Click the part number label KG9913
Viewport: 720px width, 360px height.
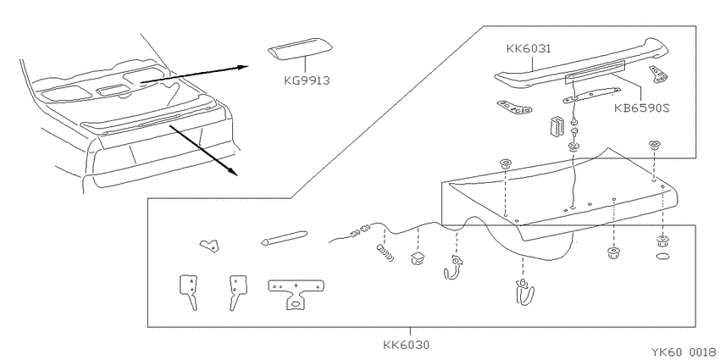coord(307,80)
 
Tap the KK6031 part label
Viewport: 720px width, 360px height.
coord(529,48)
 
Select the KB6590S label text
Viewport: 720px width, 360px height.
coord(642,108)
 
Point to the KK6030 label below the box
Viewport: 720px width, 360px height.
coord(407,345)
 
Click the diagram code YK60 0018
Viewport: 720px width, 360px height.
coord(684,352)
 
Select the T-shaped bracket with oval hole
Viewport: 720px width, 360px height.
coord(296,293)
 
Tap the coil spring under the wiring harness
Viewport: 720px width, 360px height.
coord(385,253)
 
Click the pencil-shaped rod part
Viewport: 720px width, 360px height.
coord(284,238)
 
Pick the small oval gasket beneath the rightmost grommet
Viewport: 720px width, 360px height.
coord(662,256)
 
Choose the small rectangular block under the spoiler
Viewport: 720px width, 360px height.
coord(557,126)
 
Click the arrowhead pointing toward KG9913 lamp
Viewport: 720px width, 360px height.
coord(243,67)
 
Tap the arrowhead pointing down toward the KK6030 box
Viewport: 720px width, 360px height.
coord(233,171)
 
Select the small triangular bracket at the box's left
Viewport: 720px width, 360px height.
coord(210,245)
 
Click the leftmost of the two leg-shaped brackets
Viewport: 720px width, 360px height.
coord(188,291)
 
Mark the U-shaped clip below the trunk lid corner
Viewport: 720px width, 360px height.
coord(523,292)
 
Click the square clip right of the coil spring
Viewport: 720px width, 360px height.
coord(418,258)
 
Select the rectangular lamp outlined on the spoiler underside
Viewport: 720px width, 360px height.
coord(595,72)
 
